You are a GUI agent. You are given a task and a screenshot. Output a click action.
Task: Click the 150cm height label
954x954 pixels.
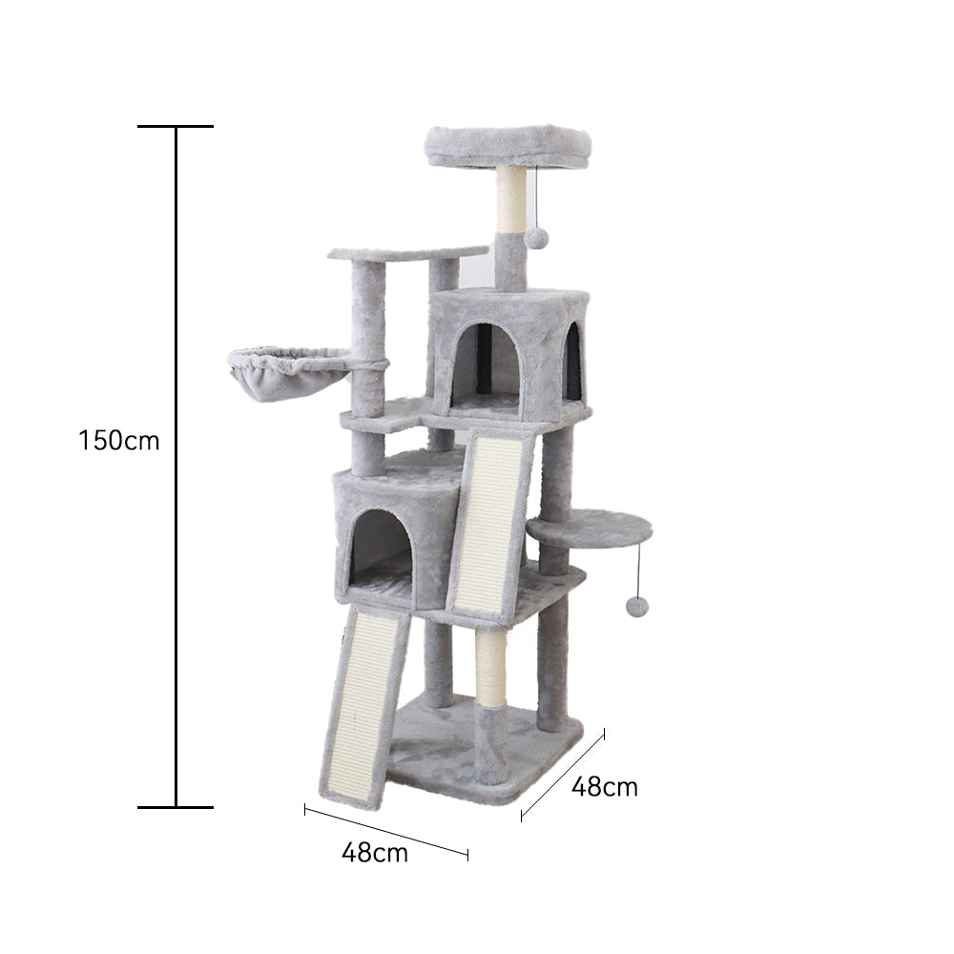coord(119,441)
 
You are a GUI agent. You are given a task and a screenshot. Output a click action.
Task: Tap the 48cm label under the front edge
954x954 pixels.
coord(374,852)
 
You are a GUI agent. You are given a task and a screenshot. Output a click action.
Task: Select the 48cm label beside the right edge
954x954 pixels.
coord(604,787)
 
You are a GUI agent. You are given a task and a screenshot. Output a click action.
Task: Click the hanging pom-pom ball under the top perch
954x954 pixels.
coord(537,237)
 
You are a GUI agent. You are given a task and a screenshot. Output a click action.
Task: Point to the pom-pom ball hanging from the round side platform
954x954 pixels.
coord(637,606)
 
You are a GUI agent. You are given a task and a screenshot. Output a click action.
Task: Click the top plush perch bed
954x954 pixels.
coord(508,145)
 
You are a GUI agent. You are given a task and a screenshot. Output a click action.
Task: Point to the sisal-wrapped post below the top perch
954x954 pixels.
coord(510,198)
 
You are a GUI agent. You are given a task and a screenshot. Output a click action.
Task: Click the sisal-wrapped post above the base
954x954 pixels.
coord(491,668)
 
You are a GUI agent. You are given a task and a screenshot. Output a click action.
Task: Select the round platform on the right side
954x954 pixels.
coord(590,527)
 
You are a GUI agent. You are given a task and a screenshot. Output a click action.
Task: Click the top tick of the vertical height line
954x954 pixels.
coord(176,126)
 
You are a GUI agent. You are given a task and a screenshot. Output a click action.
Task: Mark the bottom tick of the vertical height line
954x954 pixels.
coord(176,807)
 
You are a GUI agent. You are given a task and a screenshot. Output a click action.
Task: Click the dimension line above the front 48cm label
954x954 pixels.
coord(386,831)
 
